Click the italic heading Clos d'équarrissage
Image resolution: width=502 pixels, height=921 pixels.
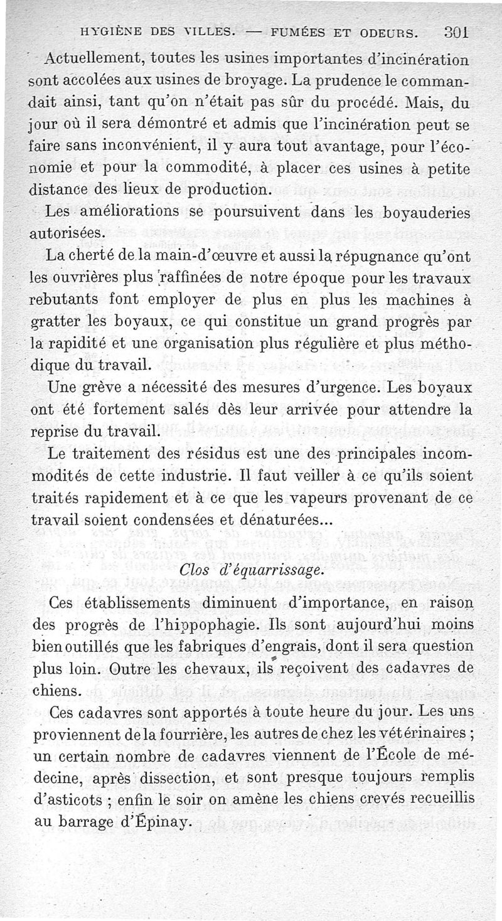click(x=251, y=570)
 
